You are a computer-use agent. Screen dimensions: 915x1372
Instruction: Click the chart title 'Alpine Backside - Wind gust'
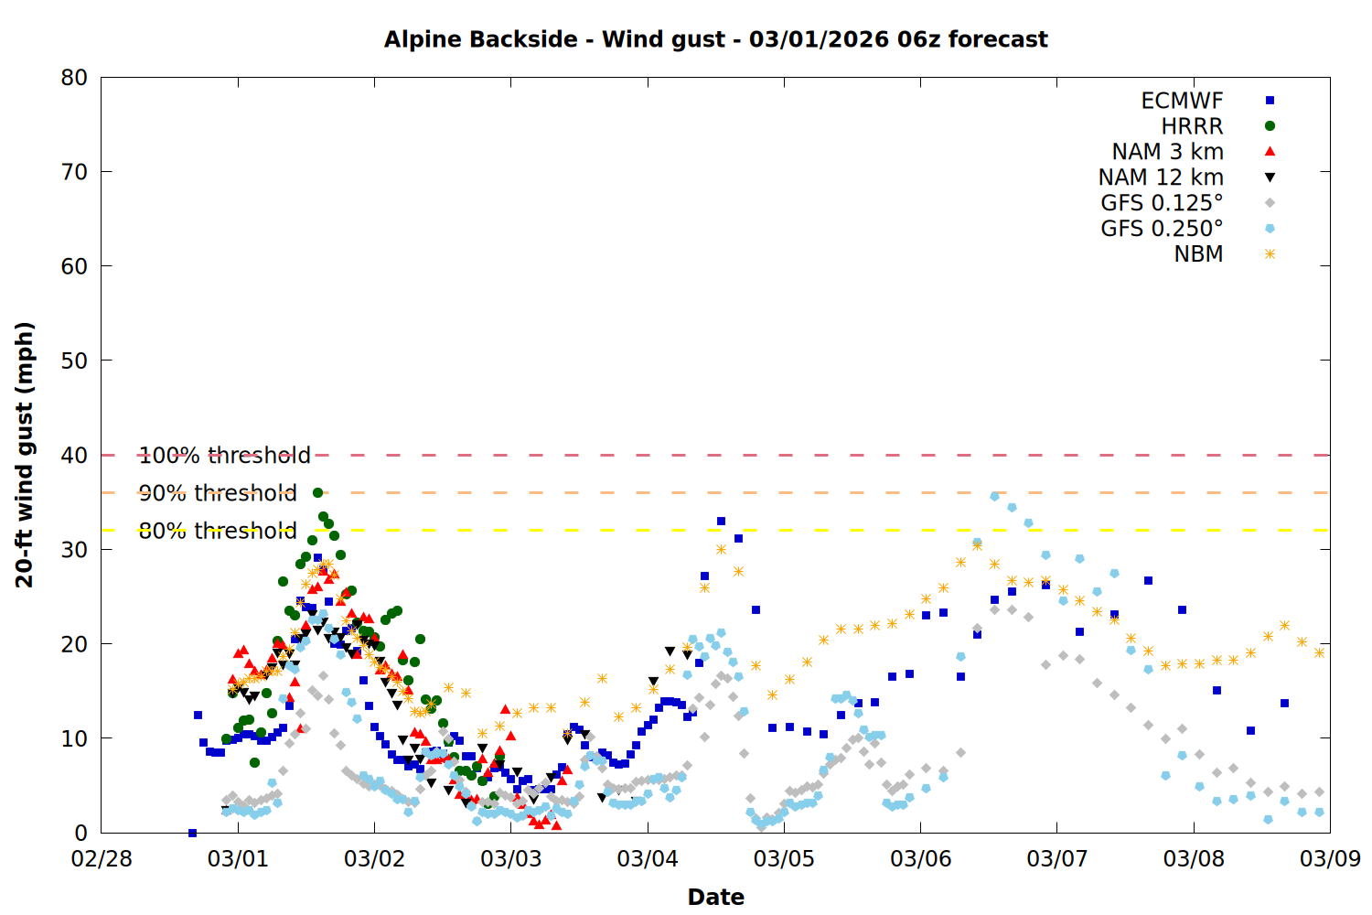pos(715,39)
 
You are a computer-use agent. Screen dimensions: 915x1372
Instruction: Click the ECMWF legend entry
pos(1182,101)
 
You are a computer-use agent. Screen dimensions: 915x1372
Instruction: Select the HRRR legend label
pos(1192,126)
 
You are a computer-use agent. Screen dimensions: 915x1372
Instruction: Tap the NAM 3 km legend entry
pos(1167,152)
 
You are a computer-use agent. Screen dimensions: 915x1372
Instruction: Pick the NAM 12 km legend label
pos(1161,178)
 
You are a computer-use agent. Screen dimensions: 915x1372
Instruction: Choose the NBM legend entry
pos(1198,254)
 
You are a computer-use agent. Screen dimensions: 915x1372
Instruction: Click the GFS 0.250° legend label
pos(1162,229)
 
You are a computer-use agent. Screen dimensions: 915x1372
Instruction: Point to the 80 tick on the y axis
pos(74,78)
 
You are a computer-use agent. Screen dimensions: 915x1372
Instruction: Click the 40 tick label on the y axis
pos(74,455)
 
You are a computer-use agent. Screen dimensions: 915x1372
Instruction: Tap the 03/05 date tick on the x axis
pos(784,858)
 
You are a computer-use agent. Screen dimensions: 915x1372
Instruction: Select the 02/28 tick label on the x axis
pos(101,858)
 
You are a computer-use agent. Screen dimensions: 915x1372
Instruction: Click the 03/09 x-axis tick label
pos(1330,858)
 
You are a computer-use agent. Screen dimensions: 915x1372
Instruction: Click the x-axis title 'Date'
pos(715,897)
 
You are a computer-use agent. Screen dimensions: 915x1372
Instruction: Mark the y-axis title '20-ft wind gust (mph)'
pos(25,455)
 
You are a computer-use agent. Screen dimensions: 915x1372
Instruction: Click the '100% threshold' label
pos(225,455)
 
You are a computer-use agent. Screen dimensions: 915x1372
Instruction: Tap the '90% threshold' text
pos(218,493)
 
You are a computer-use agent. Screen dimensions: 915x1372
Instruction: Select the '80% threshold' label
pos(218,531)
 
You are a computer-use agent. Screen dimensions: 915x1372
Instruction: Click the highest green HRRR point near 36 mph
pos(317,492)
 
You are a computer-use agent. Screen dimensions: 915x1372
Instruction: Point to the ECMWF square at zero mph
pos(192,833)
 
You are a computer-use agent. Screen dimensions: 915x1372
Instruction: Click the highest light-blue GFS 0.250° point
pos(994,496)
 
